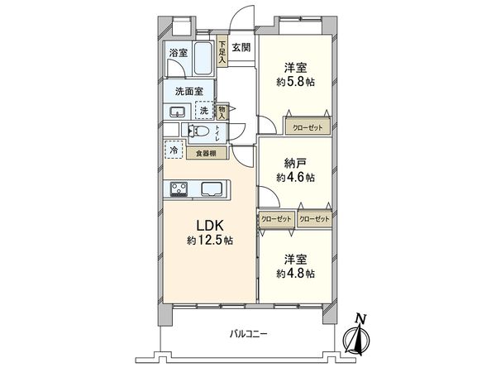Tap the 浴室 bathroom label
pyautogui.click(x=179, y=54)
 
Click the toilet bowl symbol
pyautogui.click(x=199, y=131)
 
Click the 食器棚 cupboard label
pyautogui.click(x=207, y=152)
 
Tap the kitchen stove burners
pyautogui.click(x=179, y=189)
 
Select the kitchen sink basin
pyautogui.click(x=212, y=188)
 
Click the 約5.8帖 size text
pyautogui.click(x=295, y=84)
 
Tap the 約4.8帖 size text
pyautogui.click(x=295, y=273)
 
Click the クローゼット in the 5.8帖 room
pyautogui.click(x=308, y=127)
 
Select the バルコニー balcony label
pyautogui.click(x=253, y=334)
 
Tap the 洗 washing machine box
pyautogui.click(x=203, y=110)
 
